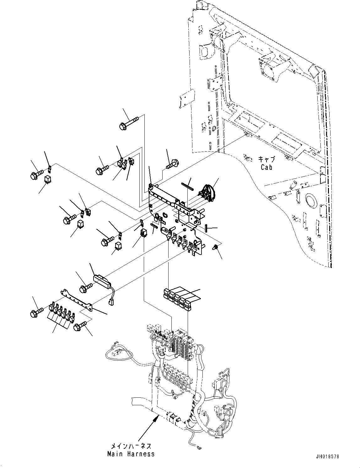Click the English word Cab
266,167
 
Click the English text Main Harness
131,454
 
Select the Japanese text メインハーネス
131,446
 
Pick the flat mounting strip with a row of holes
76,299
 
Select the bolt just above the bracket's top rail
172,163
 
